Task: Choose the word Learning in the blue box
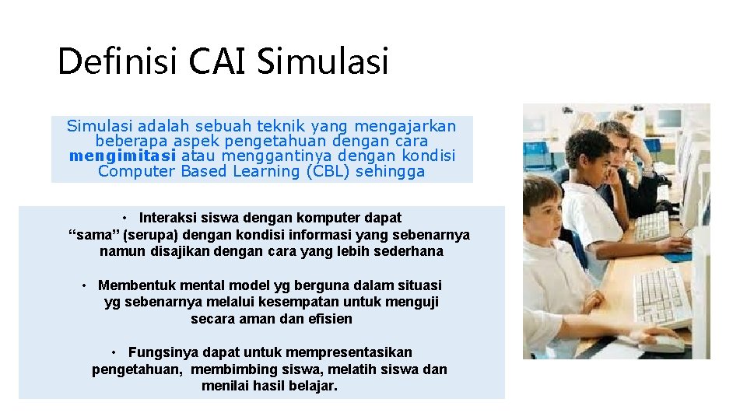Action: click(x=265, y=171)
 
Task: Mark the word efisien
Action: click(x=330, y=319)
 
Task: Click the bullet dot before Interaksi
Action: click(x=125, y=219)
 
